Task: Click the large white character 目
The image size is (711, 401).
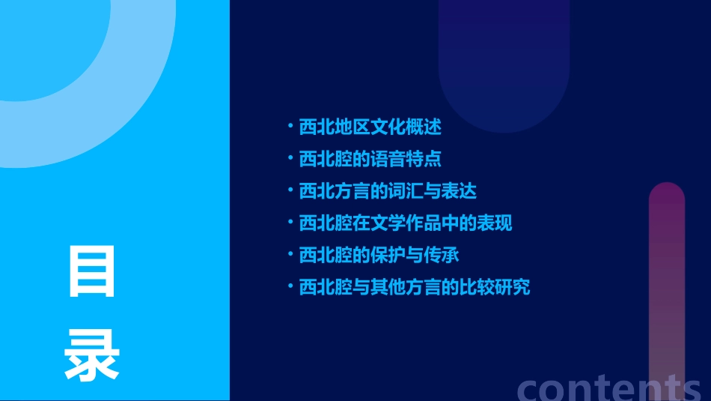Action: coord(92,271)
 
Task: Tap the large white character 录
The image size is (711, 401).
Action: coord(92,356)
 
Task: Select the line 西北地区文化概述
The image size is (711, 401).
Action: coord(370,127)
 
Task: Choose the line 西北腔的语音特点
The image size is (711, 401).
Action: coord(370,159)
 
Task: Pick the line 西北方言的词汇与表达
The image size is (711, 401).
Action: coord(388,191)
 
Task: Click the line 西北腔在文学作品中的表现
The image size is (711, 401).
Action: coord(406,223)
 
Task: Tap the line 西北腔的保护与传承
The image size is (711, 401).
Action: coord(379,255)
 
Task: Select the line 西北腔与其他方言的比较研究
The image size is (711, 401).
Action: coord(415,287)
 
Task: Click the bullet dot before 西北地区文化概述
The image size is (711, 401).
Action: coord(290,126)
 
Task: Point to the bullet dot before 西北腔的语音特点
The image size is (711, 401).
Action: coord(290,158)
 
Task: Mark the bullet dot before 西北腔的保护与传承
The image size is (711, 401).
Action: coord(290,254)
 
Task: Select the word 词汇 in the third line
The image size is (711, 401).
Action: coord(415,191)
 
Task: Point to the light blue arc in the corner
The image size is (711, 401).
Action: coord(112,112)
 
